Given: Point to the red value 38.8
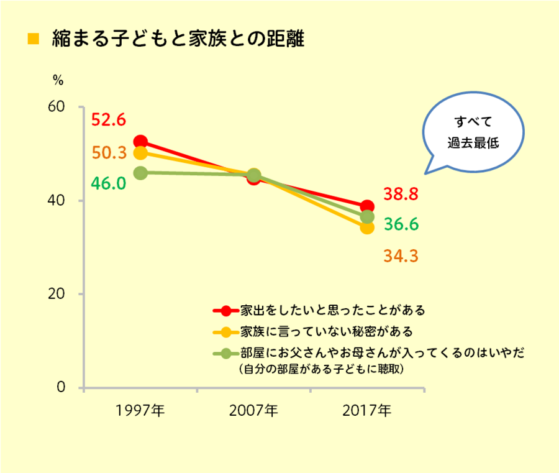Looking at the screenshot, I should [x=400, y=195].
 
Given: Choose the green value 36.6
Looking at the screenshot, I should [x=400, y=224].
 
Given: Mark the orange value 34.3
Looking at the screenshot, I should [x=400, y=255].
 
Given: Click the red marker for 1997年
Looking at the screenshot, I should [x=140, y=142].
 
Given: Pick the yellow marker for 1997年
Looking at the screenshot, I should [x=140, y=153].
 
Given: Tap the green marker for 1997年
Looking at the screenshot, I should [x=140, y=173].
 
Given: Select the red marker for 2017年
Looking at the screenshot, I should [x=368, y=206].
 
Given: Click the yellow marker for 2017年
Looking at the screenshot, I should [x=368, y=227].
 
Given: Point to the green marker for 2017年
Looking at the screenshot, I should [x=368, y=217].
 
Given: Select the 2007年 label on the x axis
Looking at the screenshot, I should [x=253, y=411].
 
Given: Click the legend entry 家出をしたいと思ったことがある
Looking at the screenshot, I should [x=323, y=309].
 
